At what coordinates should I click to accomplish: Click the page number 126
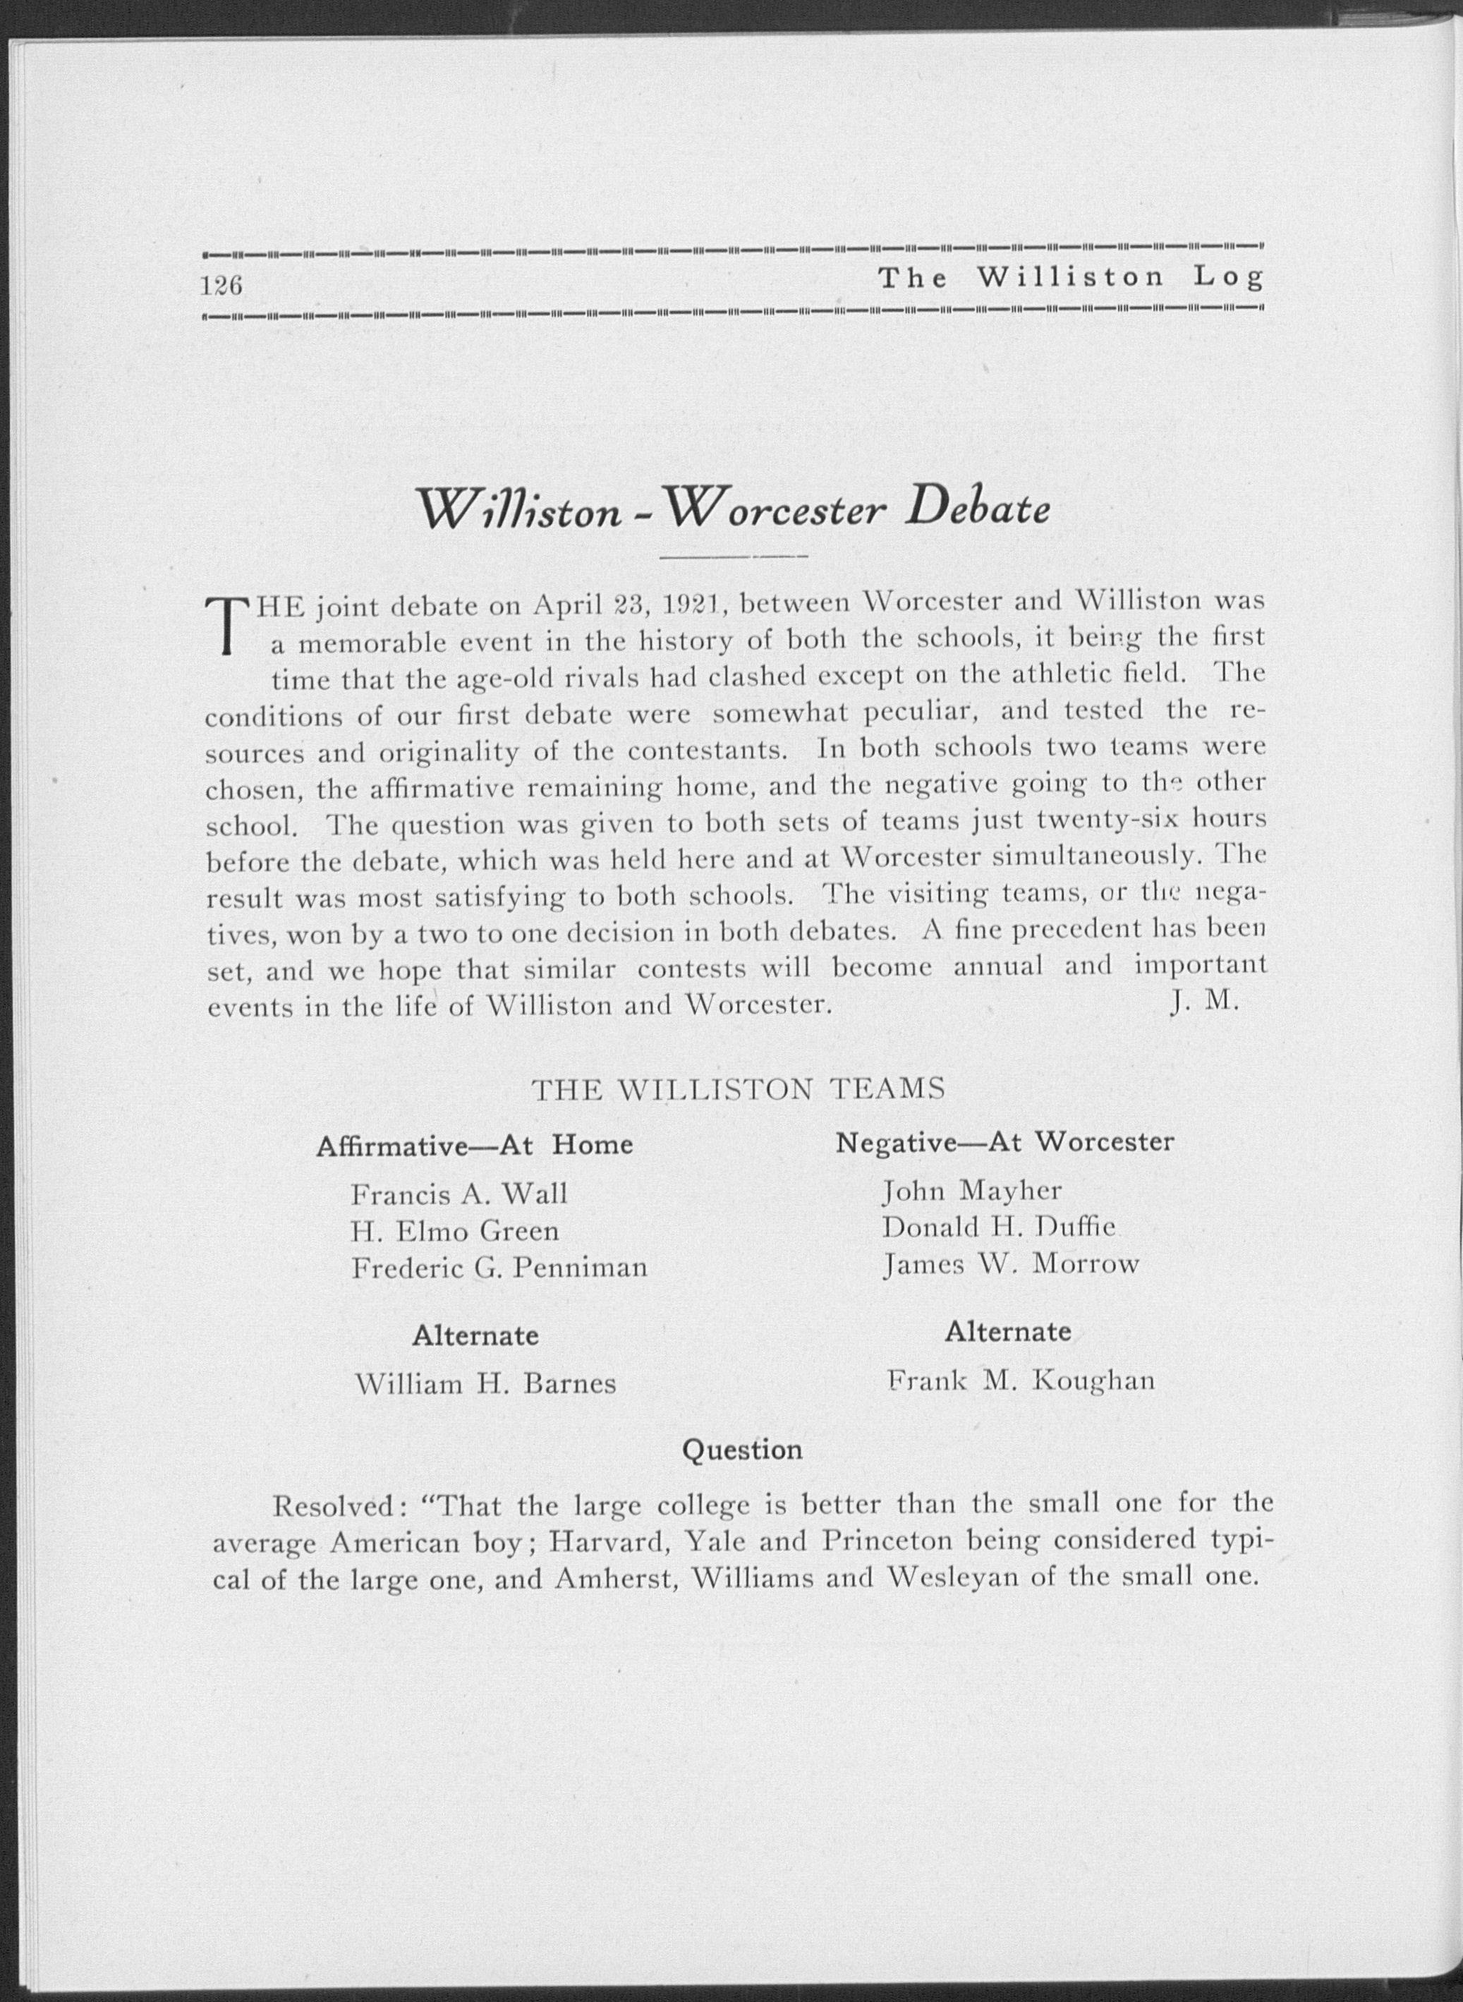pos(221,286)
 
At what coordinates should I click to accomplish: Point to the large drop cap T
pos(228,626)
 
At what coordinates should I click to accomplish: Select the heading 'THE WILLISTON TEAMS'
pos(738,1089)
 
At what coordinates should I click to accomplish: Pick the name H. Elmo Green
pos(455,1232)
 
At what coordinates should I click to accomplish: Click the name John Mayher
pos(971,1191)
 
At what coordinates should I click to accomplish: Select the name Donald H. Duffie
pos(999,1228)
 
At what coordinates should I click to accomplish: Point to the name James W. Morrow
pos(1010,1264)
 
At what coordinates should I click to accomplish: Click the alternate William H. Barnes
pos(485,1384)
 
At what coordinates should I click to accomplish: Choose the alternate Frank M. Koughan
pos(1021,1381)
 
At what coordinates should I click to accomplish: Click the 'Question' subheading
pos(742,1450)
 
